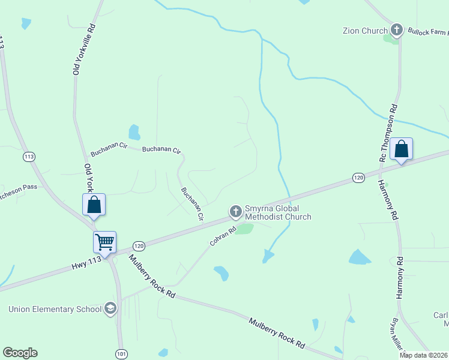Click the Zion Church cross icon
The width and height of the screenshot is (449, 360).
coord(396,29)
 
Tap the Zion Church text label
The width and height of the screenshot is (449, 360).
coord(364,31)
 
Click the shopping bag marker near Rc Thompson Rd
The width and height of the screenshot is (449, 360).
coord(401,150)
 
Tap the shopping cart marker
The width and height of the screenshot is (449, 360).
coord(105,243)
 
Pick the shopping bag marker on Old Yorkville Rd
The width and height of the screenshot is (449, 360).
coord(94,205)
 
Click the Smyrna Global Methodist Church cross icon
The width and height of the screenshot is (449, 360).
coord(235,211)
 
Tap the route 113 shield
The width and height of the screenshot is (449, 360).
coord(29,157)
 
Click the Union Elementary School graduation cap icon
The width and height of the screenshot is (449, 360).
coord(110,309)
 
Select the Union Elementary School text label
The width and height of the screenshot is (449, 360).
coord(55,310)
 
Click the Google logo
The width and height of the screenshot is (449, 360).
coord(20,353)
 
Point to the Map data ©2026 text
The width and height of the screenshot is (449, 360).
coord(423,355)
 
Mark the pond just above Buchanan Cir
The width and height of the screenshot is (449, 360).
coord(134,132)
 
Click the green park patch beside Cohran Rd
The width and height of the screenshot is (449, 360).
coord(244,229)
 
